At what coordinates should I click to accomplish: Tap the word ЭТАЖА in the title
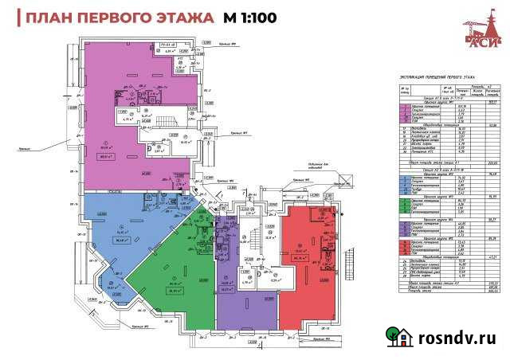click(183, 18)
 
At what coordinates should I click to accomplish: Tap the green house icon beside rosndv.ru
click(396, 337)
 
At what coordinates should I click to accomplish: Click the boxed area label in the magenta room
click(124, 157)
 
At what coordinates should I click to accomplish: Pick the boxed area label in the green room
click(173, 290)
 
